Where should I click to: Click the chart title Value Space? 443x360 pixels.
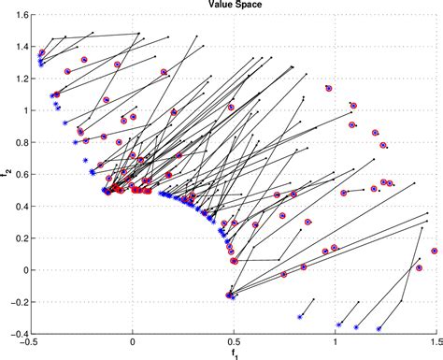234,6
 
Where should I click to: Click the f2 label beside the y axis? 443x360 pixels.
7,174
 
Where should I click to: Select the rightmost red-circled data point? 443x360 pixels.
435,251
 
